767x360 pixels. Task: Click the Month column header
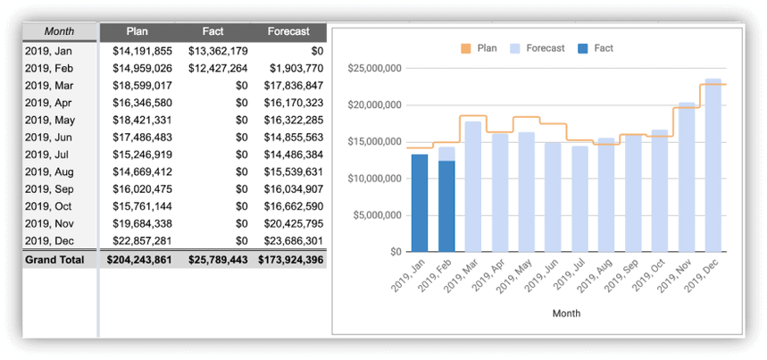(59, 31)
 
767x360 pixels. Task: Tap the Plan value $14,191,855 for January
(142, 51)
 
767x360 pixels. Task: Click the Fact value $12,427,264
(218, 68)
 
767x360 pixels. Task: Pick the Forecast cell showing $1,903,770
(294, 68)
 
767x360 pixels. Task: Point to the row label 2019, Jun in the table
(48, 138)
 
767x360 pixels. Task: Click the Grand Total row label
(54, 260)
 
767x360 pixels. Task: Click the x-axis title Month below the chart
(565, 313)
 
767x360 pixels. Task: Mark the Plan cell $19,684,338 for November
(142, 224)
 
